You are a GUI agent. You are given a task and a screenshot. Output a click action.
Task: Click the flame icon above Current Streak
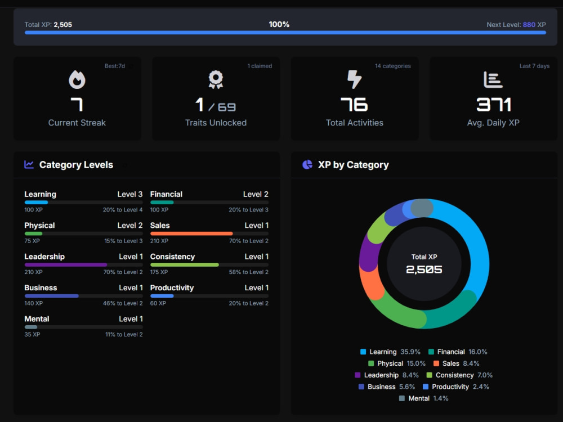click(x=77, y=79)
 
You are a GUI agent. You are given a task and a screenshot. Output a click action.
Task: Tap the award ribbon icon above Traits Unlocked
click(x=216, y=79)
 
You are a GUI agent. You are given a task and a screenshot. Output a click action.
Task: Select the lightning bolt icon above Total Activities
click(x=354, y=79)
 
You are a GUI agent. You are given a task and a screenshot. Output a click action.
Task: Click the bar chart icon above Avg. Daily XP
click(x=493, y=80)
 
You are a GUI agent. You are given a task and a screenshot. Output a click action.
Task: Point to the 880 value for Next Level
click(x=529, y=25)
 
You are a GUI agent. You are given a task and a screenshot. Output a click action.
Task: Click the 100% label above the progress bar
click(x=279, y=24)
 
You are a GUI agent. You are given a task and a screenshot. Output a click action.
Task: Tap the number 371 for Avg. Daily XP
click(x=493, y=105)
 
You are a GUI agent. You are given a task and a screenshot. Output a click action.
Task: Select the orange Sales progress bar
click(x=191, y=234)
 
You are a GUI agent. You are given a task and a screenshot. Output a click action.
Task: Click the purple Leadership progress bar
click(x=66, y=265)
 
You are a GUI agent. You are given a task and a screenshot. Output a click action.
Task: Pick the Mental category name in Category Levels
click(x=37, y=319)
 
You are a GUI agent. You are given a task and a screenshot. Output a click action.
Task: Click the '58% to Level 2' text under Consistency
click(x=248, y=272)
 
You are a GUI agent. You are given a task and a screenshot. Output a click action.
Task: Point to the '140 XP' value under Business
click(x=33, y=303)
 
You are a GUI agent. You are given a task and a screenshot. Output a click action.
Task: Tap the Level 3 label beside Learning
click(x=130, y=194)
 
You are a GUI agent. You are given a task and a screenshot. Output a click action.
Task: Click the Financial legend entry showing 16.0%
click(x=458, y=352)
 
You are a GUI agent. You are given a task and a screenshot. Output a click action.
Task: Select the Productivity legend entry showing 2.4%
click(x=456, y=387)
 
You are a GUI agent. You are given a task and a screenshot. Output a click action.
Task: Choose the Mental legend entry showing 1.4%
click(x=424, y=398)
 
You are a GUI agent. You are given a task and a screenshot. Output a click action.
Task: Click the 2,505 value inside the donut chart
click(x=424, y=270)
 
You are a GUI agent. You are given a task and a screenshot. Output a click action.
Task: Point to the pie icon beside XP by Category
click(x=307, y=165)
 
